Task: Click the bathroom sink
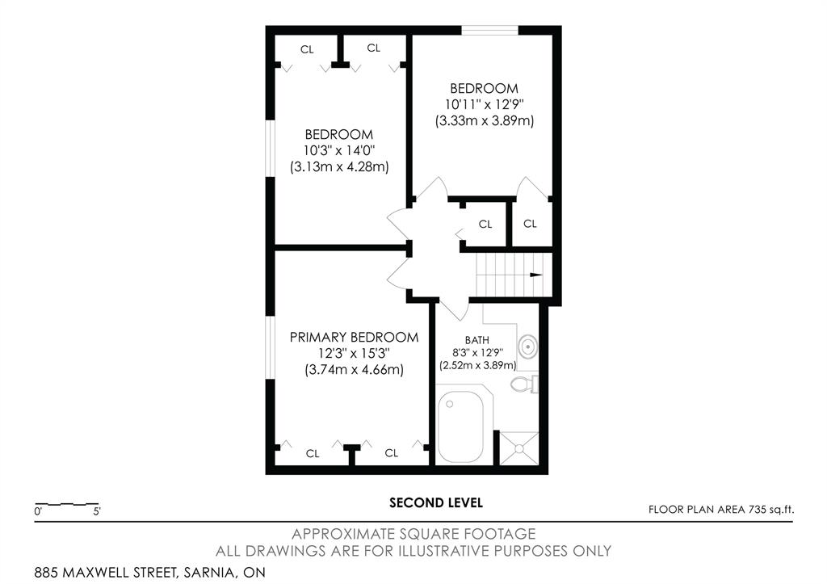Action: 527,347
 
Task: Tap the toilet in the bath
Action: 524,384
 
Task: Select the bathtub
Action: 460,426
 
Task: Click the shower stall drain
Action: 519,448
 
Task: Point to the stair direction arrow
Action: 536,275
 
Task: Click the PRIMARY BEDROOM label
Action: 354,337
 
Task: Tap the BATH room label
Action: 476,340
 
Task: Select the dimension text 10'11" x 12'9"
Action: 485,104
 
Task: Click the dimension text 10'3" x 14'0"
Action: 339,150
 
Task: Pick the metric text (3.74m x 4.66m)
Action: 354,369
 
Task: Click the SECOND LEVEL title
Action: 436,502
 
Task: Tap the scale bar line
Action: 67,504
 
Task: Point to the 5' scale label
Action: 97,511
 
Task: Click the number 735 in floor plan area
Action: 756,510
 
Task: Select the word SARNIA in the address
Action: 208,573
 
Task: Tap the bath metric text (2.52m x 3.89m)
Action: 478,365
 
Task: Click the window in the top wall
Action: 490,30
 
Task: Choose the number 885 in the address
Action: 46,573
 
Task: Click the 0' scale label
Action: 38,511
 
